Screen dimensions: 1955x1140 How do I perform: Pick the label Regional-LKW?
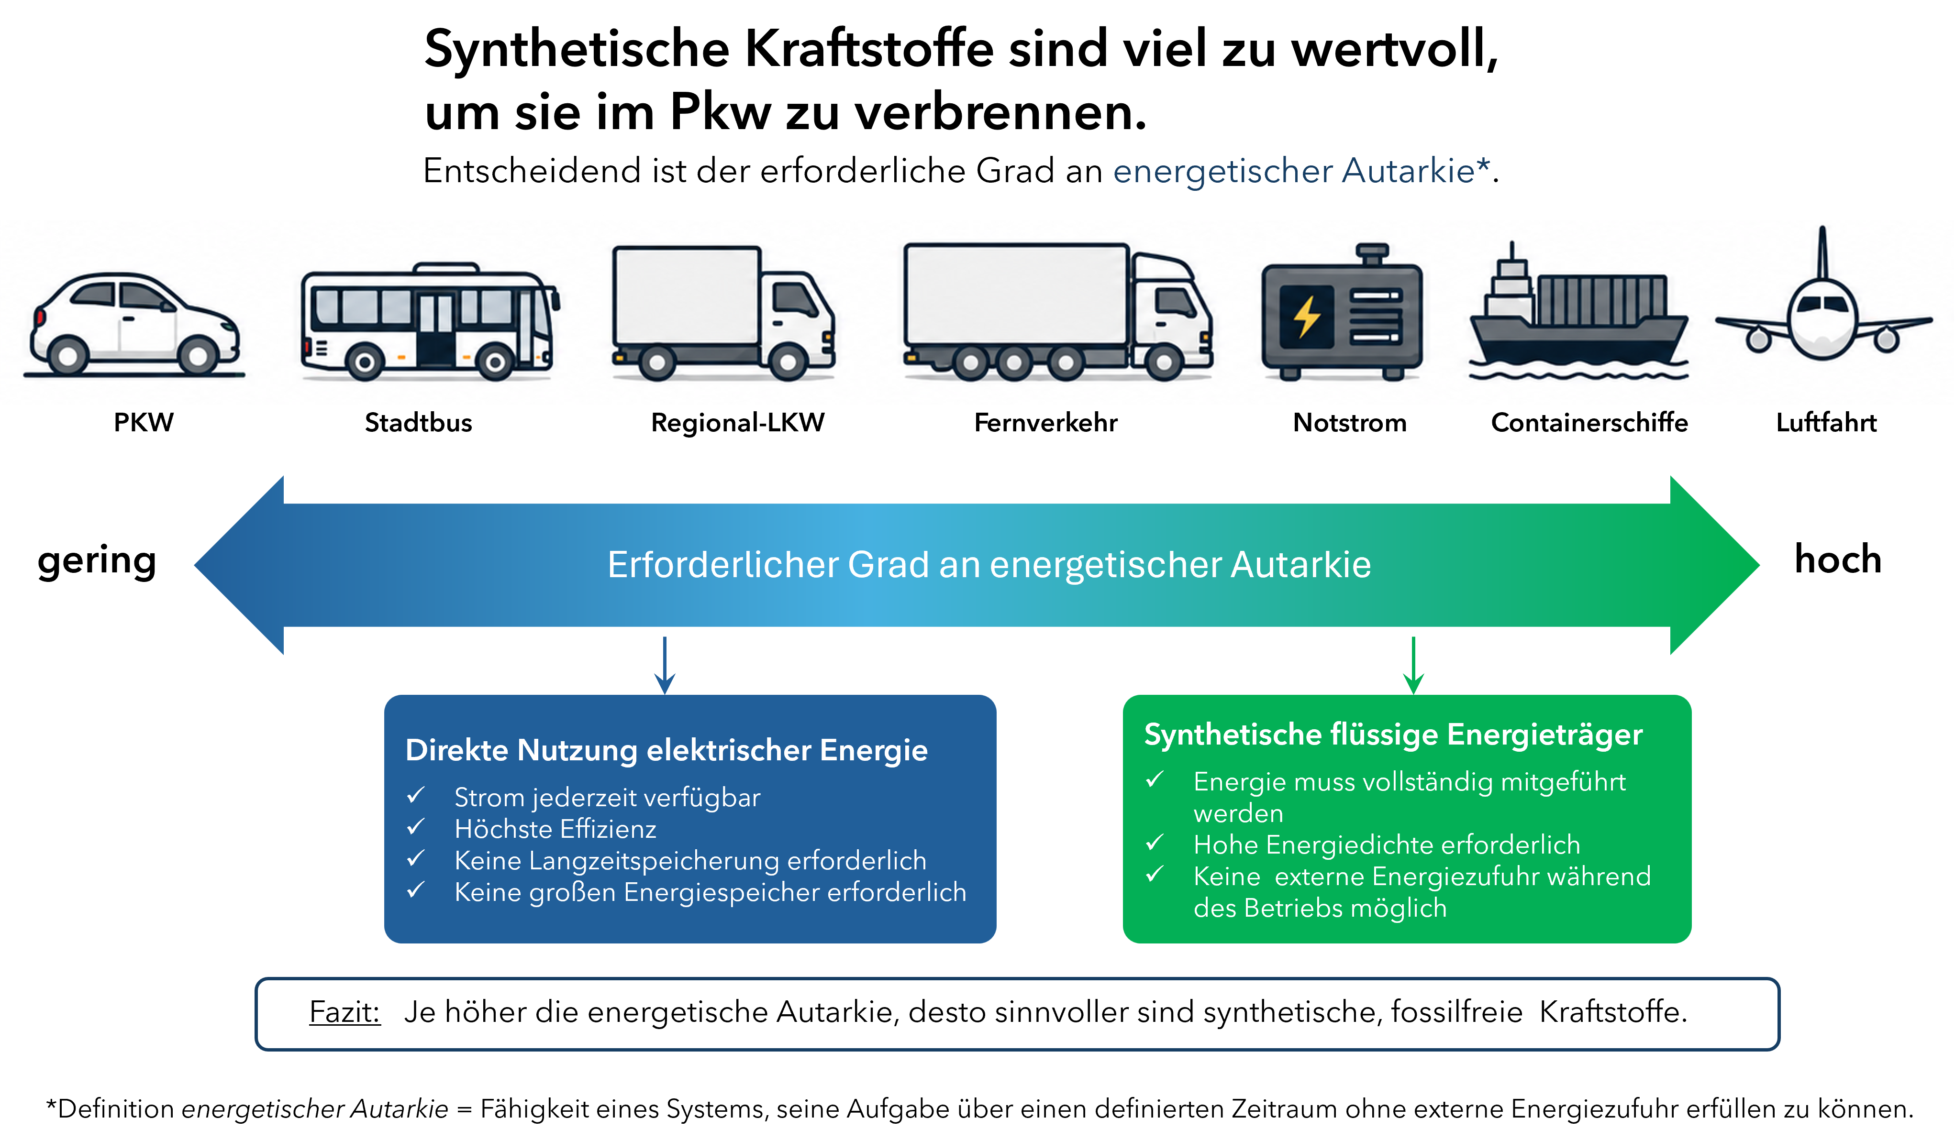738,423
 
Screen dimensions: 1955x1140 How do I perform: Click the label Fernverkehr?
1046,423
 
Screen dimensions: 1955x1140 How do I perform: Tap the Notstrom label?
1350,423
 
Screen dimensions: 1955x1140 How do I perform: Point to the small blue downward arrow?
665,665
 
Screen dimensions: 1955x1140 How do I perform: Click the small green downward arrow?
1413,665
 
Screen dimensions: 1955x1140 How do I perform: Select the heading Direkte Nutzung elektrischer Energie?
666,750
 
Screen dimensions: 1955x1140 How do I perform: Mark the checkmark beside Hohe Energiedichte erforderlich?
1155,842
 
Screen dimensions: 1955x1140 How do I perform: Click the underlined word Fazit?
344,1012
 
